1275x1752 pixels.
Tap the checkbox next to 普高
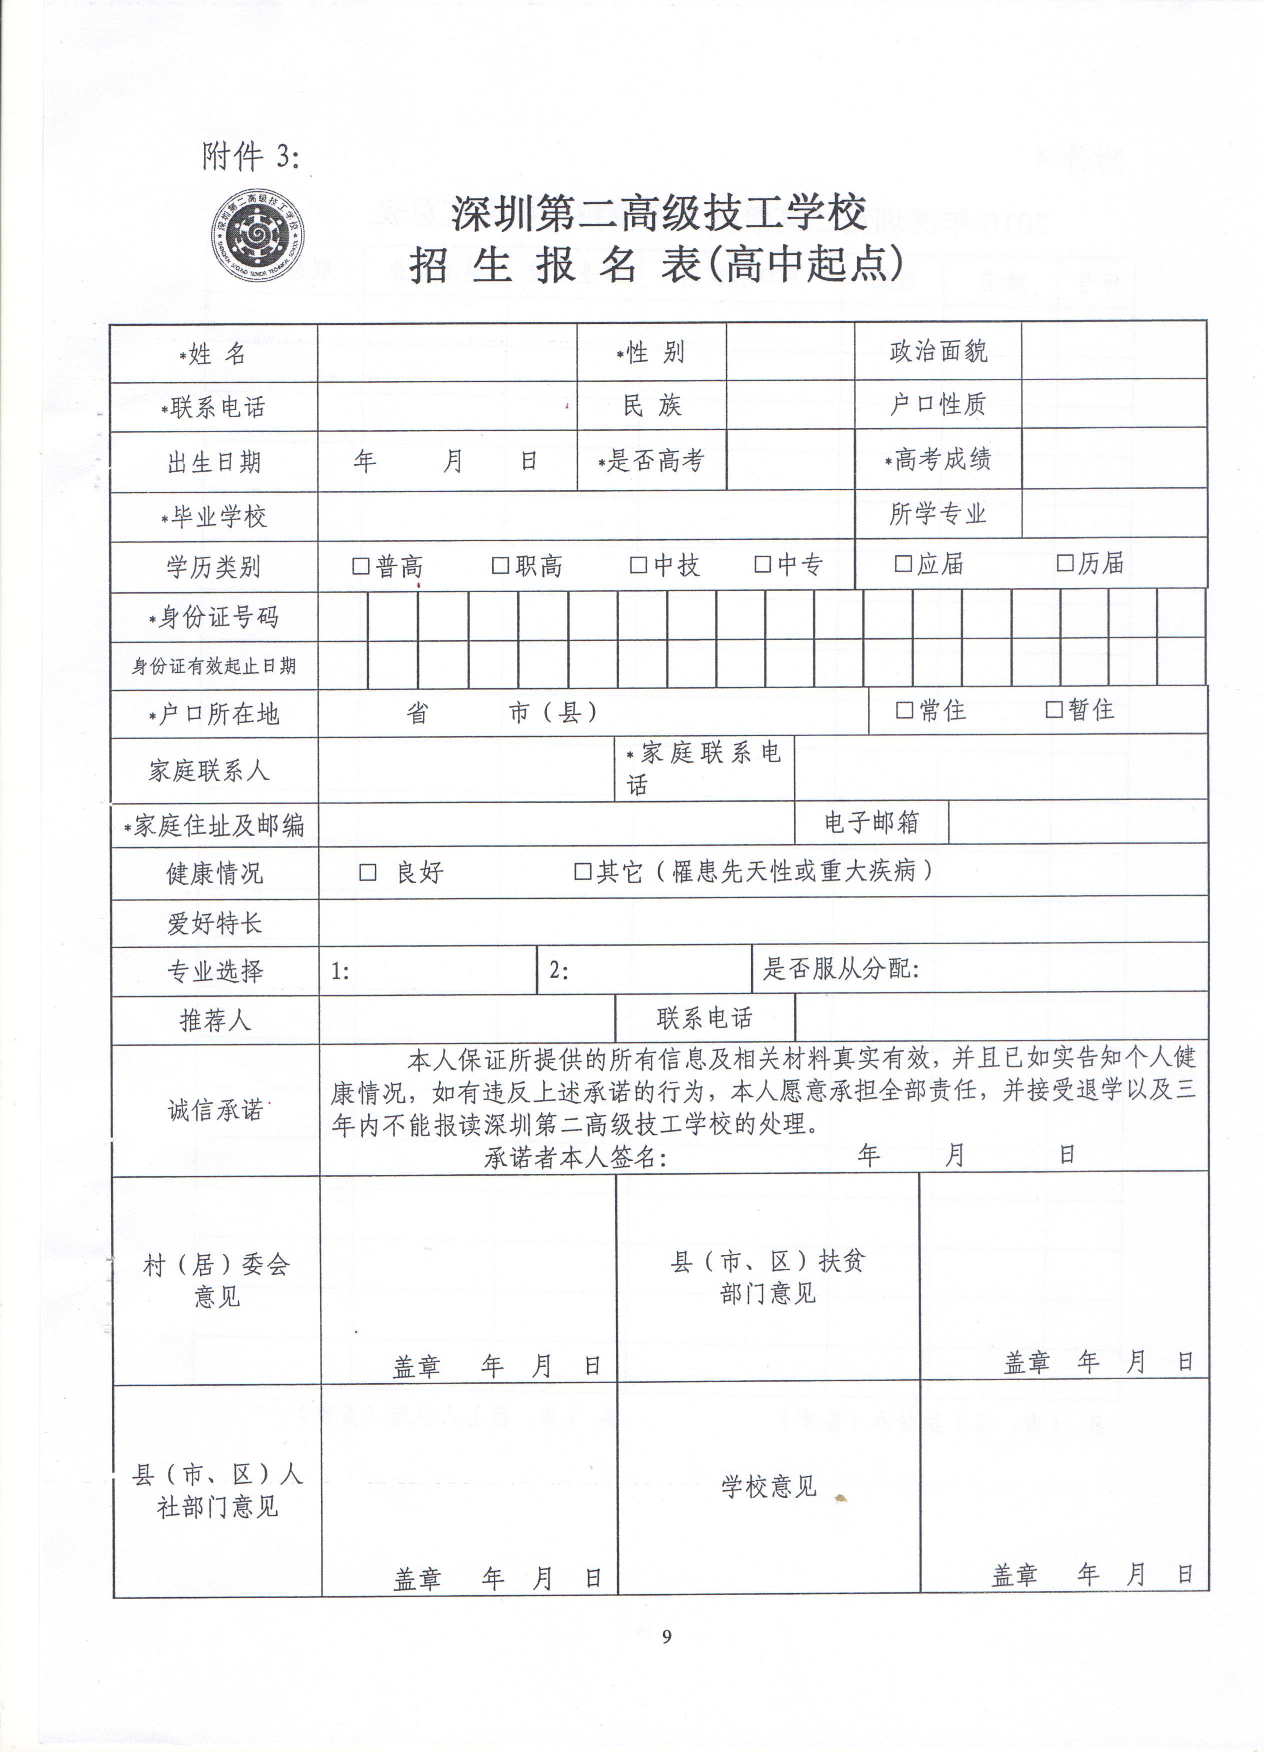[x=361, y=566]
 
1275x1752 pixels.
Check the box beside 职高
[x=500, y=566]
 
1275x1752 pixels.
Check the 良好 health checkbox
[x=368, y=873]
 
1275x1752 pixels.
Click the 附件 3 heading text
[x=250, y=157]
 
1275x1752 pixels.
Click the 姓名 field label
[x=214, y=355]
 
